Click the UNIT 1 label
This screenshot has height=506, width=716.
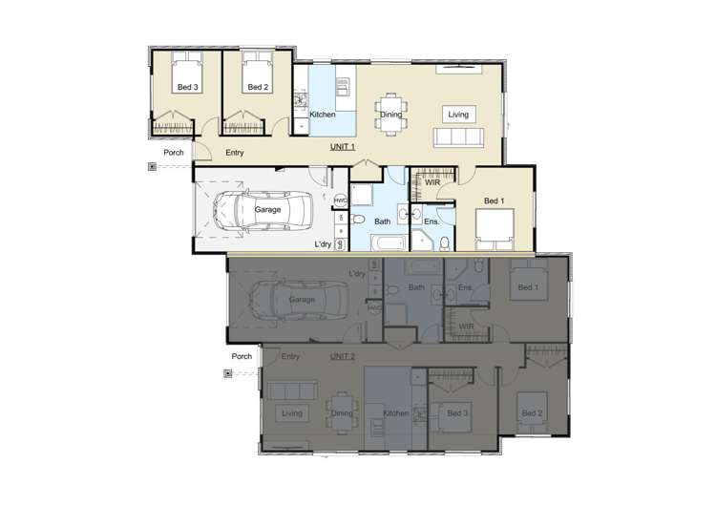click(x=343, y=147)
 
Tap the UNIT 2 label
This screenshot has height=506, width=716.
click(x=343, y=356)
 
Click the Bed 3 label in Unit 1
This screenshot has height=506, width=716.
click(x=188, y=88)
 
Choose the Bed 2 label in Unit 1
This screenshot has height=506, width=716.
click(x=257, y=88)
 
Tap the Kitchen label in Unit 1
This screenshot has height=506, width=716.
click(x=323, y=115)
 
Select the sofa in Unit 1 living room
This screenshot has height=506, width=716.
click(x=459, y=138)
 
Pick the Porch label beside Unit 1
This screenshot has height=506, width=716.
click(x=174, y=153)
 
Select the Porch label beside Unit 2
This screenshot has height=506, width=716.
click(x=242, y=357)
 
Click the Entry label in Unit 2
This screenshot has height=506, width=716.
click(x=290, y=357)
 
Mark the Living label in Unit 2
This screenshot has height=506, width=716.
click(x=292, y=413)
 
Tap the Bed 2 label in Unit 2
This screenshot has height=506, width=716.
click(x=532, y=413)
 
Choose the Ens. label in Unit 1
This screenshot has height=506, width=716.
click(x=432, y=221)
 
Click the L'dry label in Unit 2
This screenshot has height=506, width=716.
click(x=357, y=275)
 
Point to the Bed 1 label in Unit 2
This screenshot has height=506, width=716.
click(x=528, y=288)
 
